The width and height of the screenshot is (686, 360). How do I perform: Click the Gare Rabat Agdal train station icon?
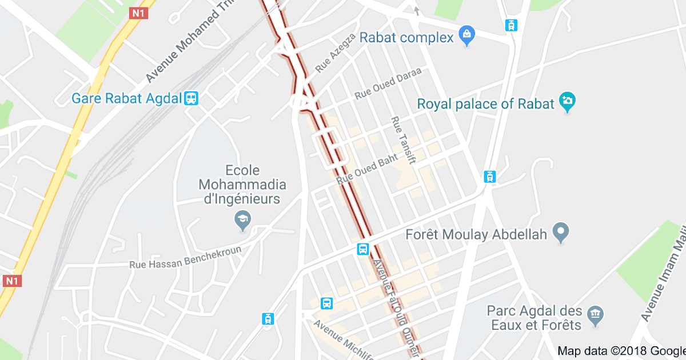(191, 98)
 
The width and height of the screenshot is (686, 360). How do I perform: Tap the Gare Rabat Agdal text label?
(126, 98)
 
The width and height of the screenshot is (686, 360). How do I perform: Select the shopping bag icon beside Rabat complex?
(467, 36)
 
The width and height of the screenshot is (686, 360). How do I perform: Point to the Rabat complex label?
(406, 38)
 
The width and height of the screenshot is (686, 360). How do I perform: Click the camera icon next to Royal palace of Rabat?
(567, 101)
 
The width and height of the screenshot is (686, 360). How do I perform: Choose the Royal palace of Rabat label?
(486, 104)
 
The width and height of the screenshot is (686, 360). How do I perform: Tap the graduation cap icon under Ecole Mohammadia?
(243, 219)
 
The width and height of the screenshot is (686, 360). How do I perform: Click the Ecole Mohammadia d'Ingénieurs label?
(242, 185)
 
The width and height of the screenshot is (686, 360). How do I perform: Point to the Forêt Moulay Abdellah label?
(476, 234)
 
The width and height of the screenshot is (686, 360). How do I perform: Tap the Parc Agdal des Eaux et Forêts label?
(535, 318)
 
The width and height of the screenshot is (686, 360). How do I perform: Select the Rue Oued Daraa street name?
(388, 83)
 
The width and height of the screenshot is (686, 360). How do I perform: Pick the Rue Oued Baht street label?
(367, 169)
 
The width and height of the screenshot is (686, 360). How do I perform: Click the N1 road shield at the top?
(138, 13)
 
